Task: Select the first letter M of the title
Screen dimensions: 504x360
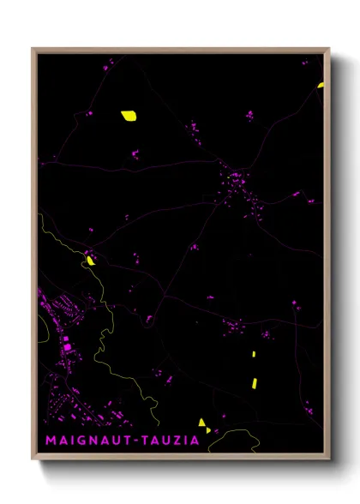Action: click(50, 441)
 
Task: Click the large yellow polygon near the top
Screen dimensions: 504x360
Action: click(129, 115)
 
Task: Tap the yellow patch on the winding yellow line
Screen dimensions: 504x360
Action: click(90, 260)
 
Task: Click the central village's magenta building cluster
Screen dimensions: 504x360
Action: click(237, 181)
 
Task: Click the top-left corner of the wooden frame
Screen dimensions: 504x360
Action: click(33, 50)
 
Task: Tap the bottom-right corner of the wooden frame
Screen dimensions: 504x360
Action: click(328, 459)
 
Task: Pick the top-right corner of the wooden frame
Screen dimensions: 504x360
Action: click(328, 50)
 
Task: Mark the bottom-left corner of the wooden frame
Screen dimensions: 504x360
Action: click(33, 459)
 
